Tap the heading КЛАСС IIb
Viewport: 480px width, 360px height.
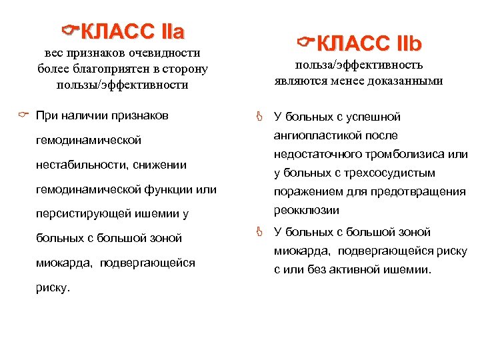(x=370, y=44)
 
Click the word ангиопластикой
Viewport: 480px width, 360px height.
(x=325, y=135)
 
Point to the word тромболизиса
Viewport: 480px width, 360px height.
(x=403, y=155)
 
